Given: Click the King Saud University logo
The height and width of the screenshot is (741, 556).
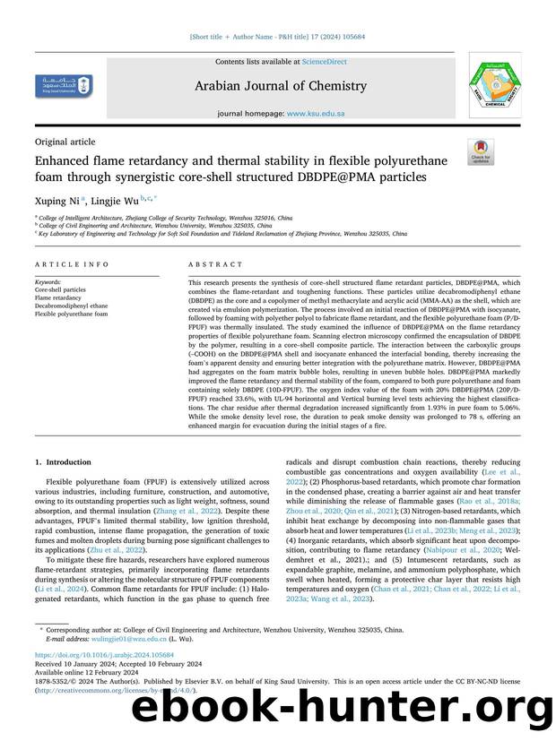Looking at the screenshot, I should (x=61, y=87).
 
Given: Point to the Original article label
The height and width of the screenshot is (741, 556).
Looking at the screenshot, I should (x=65, y=142).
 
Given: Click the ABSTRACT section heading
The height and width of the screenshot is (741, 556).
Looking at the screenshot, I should (x=214, y=265).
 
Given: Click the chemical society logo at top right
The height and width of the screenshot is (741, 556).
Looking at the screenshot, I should (x=489, y=86).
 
